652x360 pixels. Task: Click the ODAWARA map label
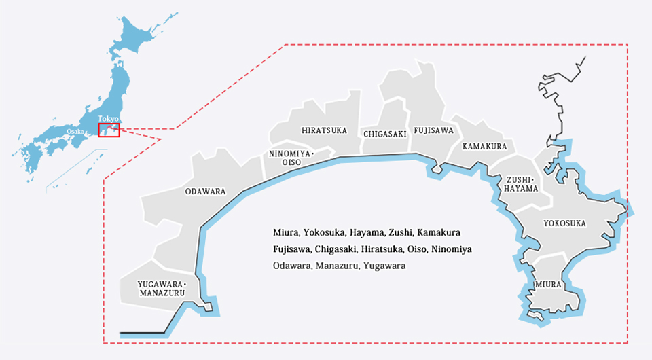tap(205, 192)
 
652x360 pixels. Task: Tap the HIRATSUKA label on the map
tap(324, 130)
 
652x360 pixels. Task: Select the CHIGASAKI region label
tap(384, 134)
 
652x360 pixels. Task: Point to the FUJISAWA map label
tap(433, 130)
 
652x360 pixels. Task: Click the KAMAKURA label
tap(484, 147)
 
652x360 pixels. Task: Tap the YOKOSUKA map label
tap(564, 223)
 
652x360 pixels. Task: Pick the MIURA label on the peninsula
tap(547, 284)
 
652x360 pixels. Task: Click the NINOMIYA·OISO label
tap(291, 158)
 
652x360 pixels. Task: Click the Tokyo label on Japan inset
tap(108, 119)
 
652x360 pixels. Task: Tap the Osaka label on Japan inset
tap(75, 131)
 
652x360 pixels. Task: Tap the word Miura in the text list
tap(285, 232)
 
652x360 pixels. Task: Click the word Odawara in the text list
tap(291, 266)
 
